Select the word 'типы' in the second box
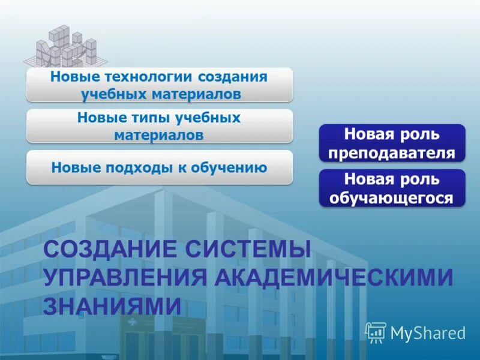pos(139,118)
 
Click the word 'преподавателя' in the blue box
pos(392,152)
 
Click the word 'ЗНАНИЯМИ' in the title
pos(112,305)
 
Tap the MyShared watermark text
pos(428,332)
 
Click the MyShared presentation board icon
pos(375,332)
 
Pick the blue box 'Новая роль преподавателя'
pos(392,143)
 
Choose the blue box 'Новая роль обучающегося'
pos(392,188)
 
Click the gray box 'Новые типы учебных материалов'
pos(159,126)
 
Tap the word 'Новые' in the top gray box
pos(70,77)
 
